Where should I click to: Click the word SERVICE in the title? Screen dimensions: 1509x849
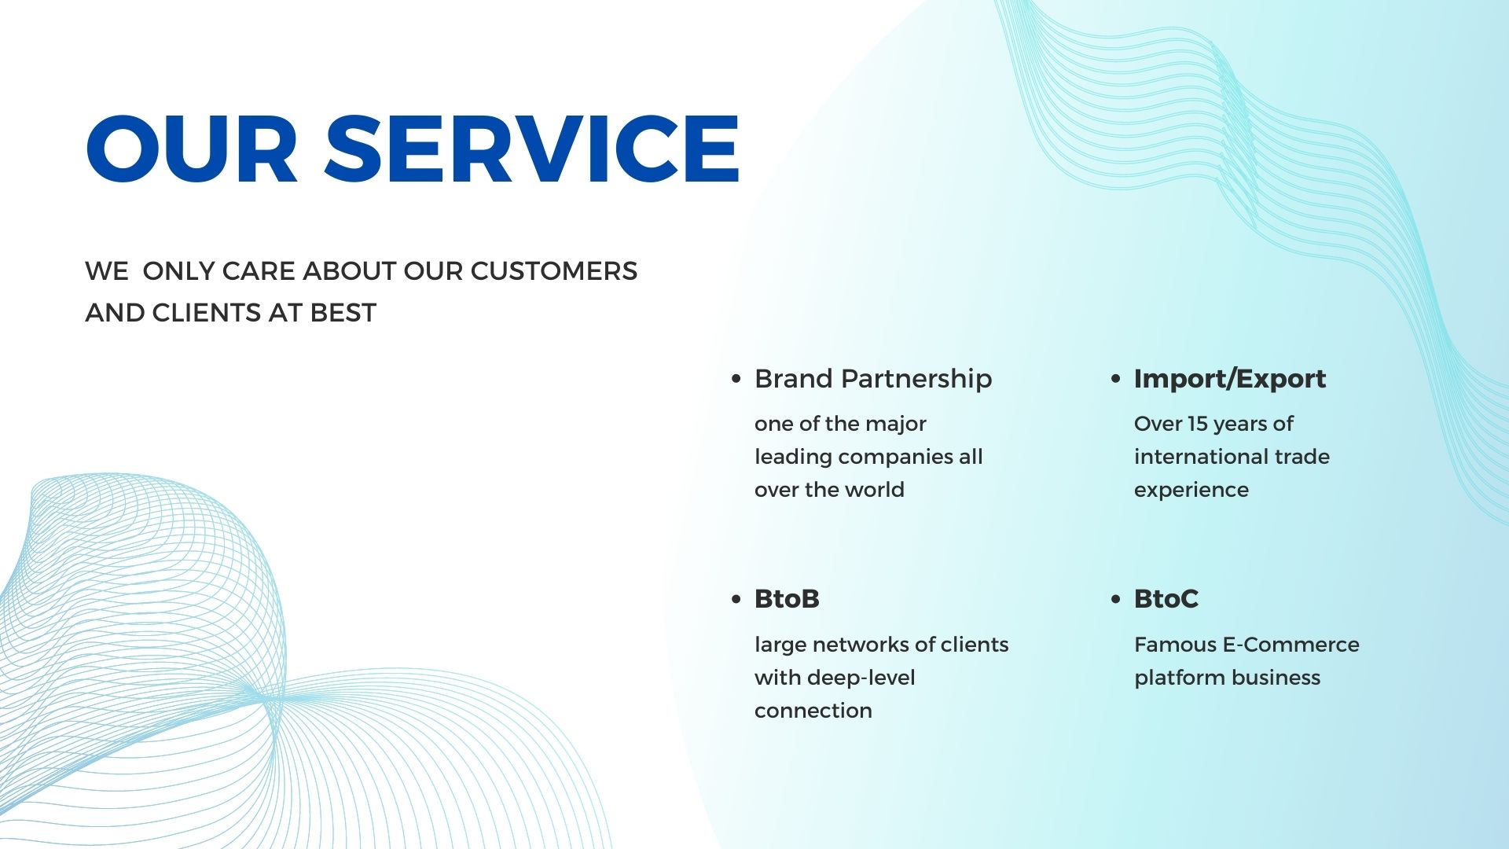pos(532,149)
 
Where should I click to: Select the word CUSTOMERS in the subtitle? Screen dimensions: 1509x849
pos(554,271)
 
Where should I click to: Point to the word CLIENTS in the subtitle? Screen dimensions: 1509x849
pos(207,313)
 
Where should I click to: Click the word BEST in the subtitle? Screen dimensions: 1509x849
pos(343,313)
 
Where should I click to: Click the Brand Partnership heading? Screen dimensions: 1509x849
pos(873,379)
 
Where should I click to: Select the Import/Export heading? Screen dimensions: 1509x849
pos(1230,379)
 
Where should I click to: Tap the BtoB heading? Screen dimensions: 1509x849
pos(787,599)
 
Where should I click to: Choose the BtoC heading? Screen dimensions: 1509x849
pos(1166,599)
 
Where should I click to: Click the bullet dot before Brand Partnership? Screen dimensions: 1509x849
pos(736,379)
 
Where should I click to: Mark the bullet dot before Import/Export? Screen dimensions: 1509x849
pos(1116,379)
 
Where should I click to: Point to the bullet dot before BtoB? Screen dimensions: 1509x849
pos(736,599)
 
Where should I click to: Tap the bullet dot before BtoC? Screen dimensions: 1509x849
pos(1116,599)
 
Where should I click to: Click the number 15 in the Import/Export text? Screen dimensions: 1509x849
pos(1197,424)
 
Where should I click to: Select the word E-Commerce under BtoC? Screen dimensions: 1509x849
pos(1291,645)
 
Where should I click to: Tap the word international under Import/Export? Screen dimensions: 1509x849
pos(1199,457)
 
